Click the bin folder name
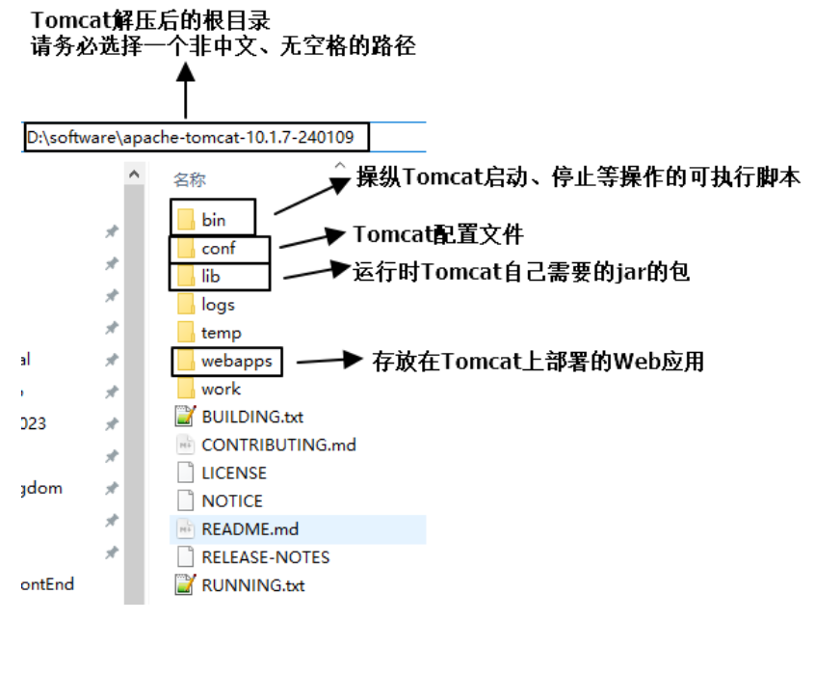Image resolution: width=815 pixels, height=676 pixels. click(213, 221)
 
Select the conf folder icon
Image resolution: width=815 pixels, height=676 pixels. click(186, 249)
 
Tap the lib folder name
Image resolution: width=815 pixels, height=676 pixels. click(211, 277)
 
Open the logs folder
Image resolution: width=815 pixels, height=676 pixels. click(218, 305)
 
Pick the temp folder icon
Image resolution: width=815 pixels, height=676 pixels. click(186, 333)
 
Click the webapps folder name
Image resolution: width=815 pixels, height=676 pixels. click(237, 361)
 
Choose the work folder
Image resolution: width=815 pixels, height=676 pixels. click(221, 389)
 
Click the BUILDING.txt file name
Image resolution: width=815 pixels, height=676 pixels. click(252, 417)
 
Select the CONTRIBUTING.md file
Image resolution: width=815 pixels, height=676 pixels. click(278, 445)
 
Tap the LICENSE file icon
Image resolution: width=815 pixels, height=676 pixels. click(185, 473)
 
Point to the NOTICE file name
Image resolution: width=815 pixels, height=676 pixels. click(232, 500)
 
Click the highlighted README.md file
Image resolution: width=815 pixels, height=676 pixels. click(250, 528)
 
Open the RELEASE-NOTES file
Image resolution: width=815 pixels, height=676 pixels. click(265, 556)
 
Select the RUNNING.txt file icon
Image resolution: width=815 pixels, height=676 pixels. click(185, 584)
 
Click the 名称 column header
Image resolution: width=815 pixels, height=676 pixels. click(189, 179)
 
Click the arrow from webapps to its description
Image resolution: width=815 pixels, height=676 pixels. click(328, 361)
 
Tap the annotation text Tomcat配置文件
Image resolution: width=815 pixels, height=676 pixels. click(438, 235)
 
